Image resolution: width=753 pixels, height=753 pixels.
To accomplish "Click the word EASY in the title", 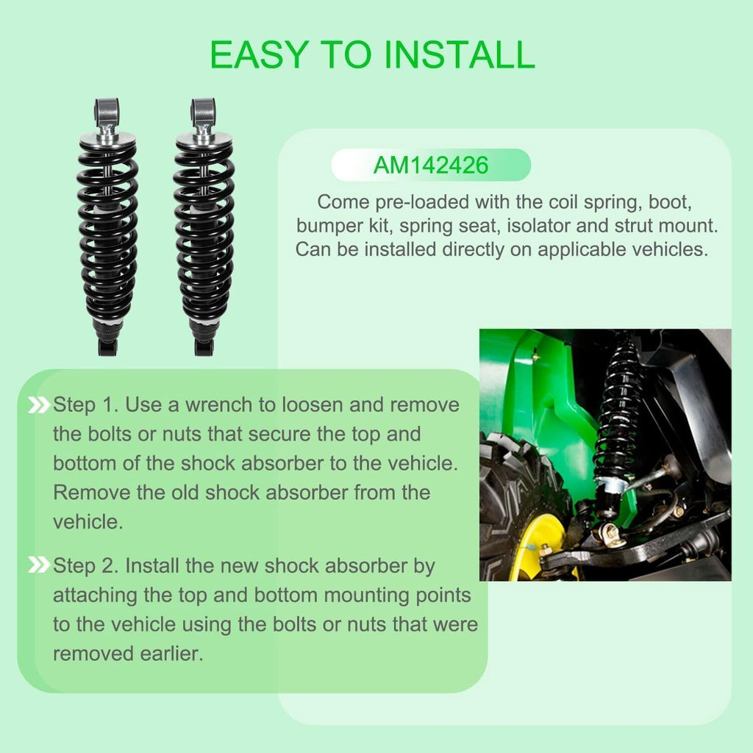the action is pyautogui.click(x=260, y=54).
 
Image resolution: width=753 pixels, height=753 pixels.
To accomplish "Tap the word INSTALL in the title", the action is pyautogui.click(x=460, y=54).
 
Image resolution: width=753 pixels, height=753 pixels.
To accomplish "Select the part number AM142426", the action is pyautogui.click(x=431, y=165).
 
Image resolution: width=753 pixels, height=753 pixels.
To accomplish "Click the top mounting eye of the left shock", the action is pyautogui.click(x=107, y=112).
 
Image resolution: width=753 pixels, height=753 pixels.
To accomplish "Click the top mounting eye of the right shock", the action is pyautogui.click(x=203, y=112).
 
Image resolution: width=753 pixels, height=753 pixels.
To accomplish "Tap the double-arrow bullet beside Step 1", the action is pyautogui.click(x=39, y=405).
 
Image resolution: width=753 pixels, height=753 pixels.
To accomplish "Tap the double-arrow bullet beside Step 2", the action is pyautogui.click(x=39, y=565).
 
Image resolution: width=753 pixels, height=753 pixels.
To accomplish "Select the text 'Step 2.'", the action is pyautogui.click(x=85, y=566).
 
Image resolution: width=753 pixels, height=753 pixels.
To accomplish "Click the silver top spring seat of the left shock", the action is pyautogui.click(x=107, y=140).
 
